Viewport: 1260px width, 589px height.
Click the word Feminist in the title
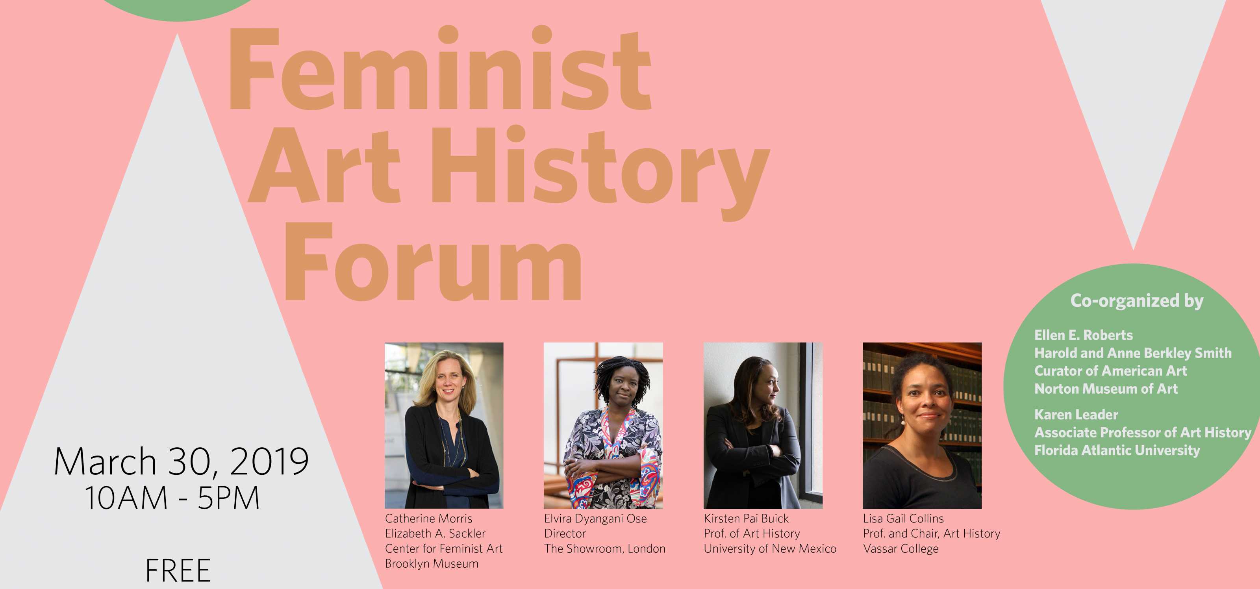440,68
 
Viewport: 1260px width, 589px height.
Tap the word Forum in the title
433,261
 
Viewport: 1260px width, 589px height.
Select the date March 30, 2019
181,462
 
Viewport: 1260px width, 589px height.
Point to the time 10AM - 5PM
172,498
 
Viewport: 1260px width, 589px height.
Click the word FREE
178,570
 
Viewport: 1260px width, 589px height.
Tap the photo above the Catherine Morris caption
444,426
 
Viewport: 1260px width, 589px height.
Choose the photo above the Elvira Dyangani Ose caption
604,426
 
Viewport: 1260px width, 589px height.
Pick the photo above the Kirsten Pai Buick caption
763,426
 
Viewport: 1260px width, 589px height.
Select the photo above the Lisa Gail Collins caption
922,426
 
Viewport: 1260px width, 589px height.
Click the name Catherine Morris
428,519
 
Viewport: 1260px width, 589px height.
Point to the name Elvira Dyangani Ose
595,519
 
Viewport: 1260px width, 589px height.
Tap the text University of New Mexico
770,549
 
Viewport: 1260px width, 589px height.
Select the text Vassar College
901,549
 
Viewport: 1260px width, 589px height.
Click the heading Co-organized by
1137,301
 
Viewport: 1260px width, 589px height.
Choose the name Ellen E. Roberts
1084,335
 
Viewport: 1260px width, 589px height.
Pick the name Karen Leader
1076,415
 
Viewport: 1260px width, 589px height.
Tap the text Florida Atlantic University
1117,450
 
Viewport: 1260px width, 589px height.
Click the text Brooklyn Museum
432,563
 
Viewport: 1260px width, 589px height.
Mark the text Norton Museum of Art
1106,389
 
